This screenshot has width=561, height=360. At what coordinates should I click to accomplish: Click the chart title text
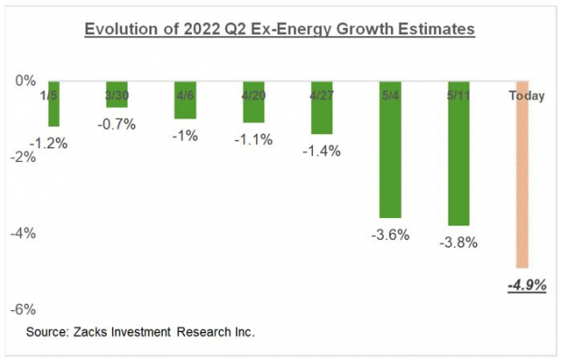click(280, 31)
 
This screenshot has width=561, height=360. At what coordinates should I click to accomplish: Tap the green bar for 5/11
click(457, 158)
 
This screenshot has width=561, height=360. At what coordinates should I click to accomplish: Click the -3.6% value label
click(389, 235)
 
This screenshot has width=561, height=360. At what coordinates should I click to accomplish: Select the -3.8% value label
click(458, 242)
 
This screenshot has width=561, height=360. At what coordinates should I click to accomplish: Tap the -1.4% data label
click(323, 151)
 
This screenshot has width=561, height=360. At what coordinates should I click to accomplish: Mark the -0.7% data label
click(118, 124)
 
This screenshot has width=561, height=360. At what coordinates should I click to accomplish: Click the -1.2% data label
click(52, 143)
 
